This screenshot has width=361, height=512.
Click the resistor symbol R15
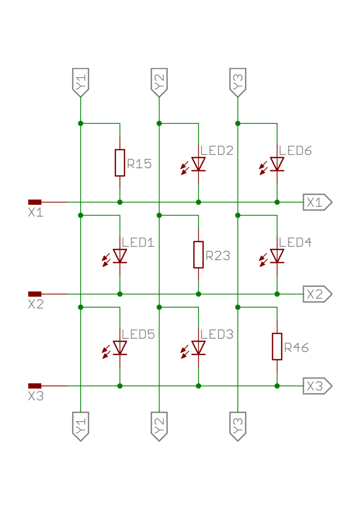coord(120,162)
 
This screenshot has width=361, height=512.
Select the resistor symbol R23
coord(198,255)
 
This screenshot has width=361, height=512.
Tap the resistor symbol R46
coord(277,346)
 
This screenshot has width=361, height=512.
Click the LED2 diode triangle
coord(199,164)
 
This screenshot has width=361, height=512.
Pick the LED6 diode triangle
coord(277,164)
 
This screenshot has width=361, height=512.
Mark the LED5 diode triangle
coord(120,347)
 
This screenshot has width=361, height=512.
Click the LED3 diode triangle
coord(199,347)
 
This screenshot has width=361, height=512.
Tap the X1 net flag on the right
coord(317,202)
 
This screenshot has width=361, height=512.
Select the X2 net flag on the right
coord(317,294)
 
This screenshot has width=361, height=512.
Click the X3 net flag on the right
coord(317,386)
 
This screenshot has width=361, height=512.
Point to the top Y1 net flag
coord(81,82)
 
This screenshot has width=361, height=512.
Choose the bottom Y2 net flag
coord(159,426)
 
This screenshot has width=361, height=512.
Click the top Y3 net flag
coord(238,82)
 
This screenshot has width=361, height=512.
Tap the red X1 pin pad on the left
coord(35,202)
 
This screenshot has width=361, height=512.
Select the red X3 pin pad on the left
coord(35,386)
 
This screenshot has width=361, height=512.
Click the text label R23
coord(218,256)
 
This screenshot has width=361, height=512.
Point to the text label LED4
coord(295,242)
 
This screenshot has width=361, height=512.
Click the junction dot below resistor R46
coord(277,386)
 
